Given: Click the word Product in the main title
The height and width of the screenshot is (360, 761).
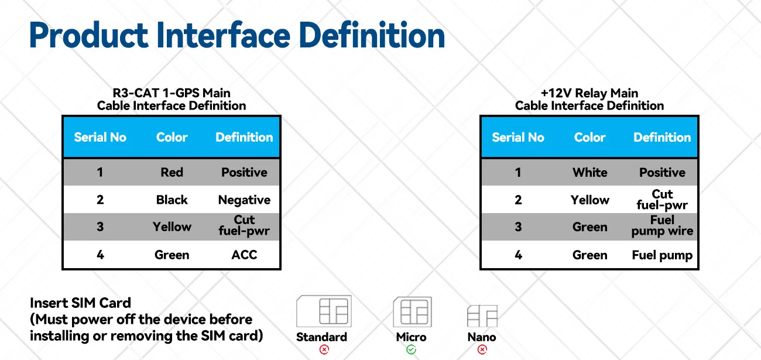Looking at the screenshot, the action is (x=88, y=35).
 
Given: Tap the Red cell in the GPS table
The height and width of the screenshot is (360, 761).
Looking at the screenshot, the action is (x=172, y=172).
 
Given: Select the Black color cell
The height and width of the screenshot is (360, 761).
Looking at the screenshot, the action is (x=172, y=200).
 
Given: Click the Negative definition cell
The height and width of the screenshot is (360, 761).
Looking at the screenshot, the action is (x=244, y=200).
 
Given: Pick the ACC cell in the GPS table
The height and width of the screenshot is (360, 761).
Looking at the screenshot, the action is (x=244, y=255).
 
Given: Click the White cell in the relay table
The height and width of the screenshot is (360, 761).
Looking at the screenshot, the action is (x=590, y=173).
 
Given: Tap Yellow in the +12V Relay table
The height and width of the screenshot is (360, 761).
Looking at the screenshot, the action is (x=590, y=200).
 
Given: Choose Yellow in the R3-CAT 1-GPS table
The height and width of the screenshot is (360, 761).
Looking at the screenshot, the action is (x=172, y=227).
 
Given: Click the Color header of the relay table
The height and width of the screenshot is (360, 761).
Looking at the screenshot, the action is (x=590, y=137).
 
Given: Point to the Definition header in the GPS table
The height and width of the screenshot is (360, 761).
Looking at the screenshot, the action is (x=244, y=137).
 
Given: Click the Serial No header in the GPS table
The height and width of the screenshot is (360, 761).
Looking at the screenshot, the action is (x=100, y=137).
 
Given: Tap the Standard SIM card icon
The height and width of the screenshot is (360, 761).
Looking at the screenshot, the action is (x=324, y=311).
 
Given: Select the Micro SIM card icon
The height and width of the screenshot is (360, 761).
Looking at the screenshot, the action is (x=413, y=312).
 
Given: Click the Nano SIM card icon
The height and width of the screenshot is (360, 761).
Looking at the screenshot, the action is (x=482, y=316).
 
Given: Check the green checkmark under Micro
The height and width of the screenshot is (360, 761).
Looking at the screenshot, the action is (x=411, y=349).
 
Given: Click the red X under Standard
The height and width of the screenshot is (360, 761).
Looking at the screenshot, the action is (x=324, y=349).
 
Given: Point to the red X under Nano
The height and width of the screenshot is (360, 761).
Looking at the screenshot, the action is (x=482, y=349).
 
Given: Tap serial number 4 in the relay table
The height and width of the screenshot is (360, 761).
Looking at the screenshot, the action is (x=518, y=255).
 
